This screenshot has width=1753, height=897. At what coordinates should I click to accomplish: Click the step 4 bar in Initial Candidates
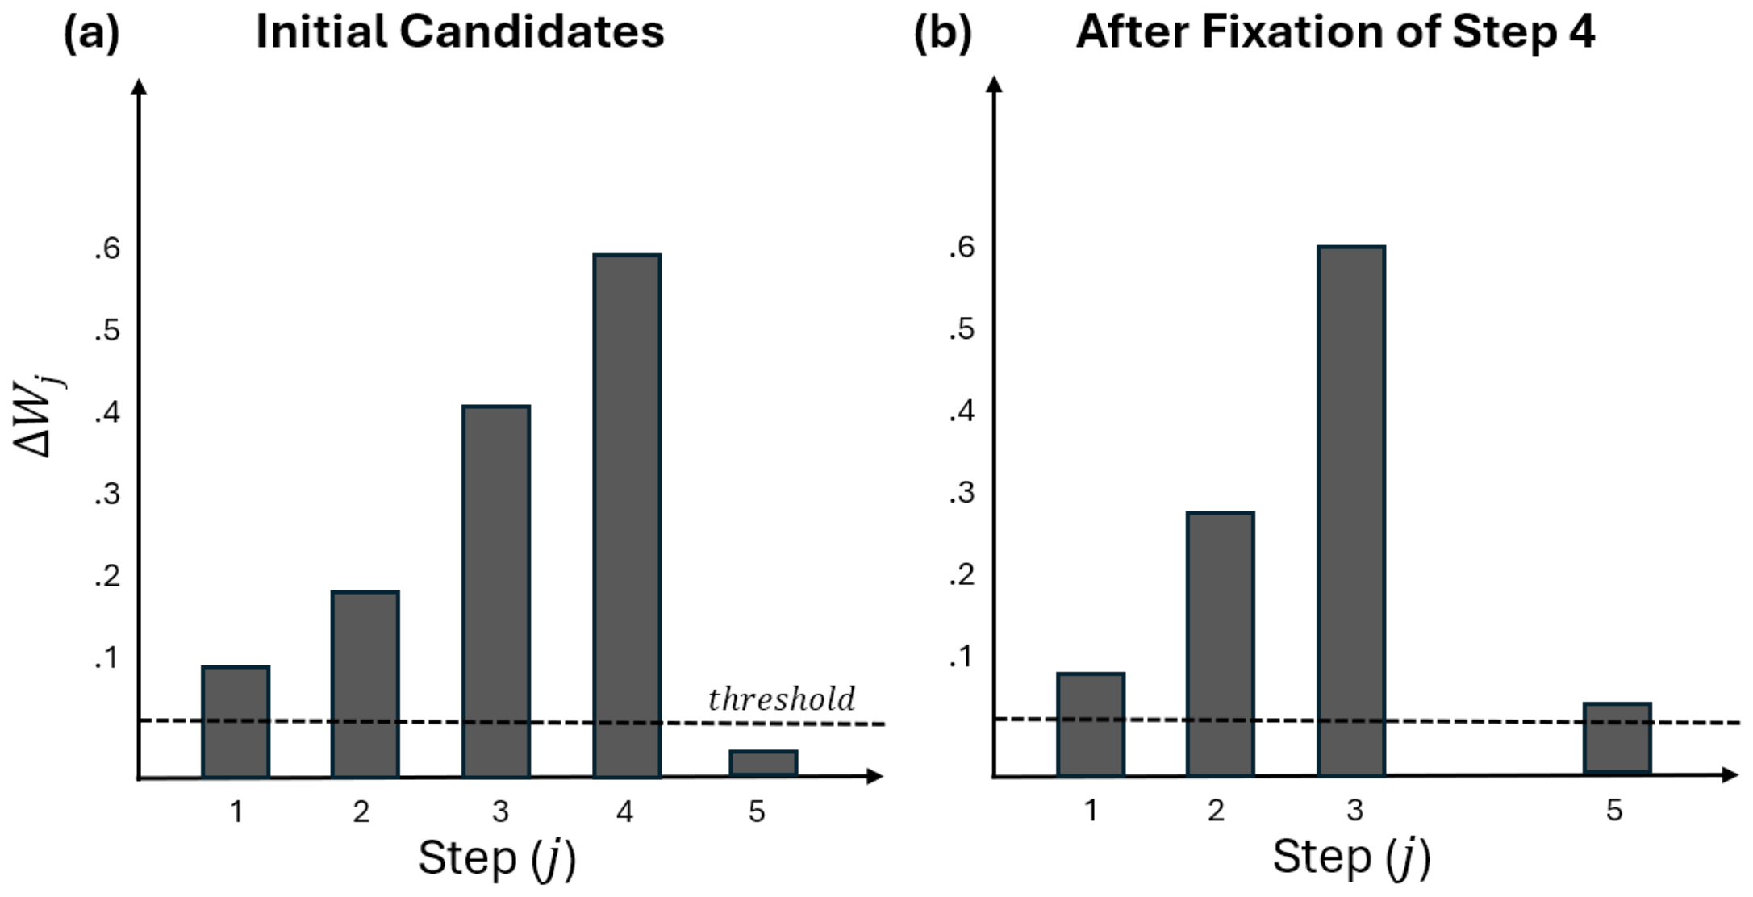(x=627, y=516)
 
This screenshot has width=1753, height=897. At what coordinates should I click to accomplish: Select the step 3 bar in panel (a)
(x=496, y=591)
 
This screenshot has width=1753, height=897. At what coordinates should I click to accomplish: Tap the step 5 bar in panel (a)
(x=763, y=763)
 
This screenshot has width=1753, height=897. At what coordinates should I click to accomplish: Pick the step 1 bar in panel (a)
(x=236, y=722)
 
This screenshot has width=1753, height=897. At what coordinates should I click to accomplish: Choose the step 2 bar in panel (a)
(x=365, y=684)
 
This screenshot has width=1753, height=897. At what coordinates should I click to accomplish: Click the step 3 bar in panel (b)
(x=1351, y=511)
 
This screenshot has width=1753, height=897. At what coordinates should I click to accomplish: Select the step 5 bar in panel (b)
(x=1617, y=738)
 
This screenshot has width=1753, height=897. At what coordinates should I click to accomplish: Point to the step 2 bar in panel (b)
(x=1220, y=644)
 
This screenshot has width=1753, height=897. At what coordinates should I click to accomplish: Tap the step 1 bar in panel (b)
(x=1091, y=724)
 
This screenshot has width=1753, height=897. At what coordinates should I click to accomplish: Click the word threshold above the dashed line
(x=781, y=699)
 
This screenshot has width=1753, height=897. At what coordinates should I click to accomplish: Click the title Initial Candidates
(x=460, y=32)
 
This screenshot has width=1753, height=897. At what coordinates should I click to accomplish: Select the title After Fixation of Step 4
(x=1335, y=32)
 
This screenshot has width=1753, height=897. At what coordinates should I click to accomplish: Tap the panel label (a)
(x=91, y=33)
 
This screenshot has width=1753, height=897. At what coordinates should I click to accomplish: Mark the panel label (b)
(x=942, y=33)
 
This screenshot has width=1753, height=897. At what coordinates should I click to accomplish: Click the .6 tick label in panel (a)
(x=106, y=248)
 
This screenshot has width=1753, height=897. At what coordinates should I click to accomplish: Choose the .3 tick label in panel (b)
(x=961, y=492)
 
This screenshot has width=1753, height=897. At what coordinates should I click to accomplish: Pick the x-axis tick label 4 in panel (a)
(x=624, y=811)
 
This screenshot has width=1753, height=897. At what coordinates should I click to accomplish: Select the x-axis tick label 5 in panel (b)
(x=1614, y=810)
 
